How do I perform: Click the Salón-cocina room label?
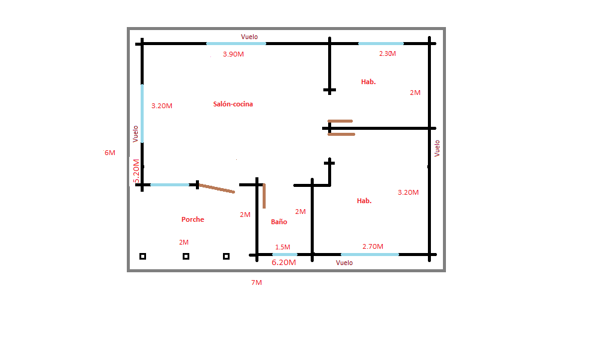pos(233,104)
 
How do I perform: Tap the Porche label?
pos(193,219)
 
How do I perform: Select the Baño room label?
pos(279,222)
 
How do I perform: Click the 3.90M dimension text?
pos(233,54)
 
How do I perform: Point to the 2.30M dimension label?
pos(388,53)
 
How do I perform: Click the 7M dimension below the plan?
pos(257,282)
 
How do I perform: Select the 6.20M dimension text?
pos(284,262)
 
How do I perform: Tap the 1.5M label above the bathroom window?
pos(282,247)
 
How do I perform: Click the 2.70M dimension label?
pos(373,246)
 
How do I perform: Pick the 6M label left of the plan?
pos(109,153)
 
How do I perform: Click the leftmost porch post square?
pos(142,256)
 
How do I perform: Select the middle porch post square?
pos(186,256)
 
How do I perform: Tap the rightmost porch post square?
pos(226,256)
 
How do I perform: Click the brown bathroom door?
pos(264,196)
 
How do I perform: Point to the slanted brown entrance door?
pos(217,188)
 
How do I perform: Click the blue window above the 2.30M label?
pos(381,44)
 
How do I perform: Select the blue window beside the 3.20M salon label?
pos(142,114)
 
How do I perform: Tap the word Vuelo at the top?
pos(249,37)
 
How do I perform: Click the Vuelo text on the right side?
pos(437,148)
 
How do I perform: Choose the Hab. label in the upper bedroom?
pos(368,82)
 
